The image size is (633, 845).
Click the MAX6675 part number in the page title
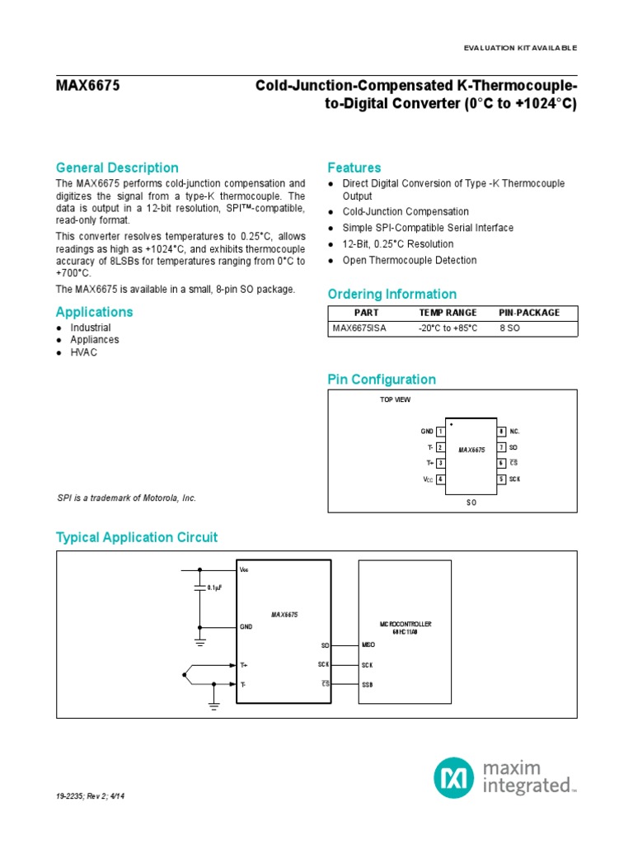(x=87, y=85)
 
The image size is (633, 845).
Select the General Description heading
(x=117, y=168)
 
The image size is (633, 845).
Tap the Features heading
(x=354, y=168)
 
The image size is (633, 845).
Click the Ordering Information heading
(x=392, y=295)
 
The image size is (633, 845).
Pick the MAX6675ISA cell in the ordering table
(x=359, y=328)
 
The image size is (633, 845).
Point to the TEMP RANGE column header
(x=448, y=313)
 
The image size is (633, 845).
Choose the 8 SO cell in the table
(x=509, y=328)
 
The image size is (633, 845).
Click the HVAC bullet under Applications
(x=83, y=352)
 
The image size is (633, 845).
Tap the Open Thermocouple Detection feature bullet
(x=410, y=260)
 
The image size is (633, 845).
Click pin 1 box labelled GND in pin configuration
(x=442, y=432)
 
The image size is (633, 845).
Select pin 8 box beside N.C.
(x=500, y=432)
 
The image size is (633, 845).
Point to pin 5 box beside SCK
(x=500, y=479)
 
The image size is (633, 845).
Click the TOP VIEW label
(x=395, y=399)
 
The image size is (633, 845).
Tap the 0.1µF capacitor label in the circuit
(x=216, y=588)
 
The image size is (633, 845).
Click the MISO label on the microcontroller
(x=368, y=644)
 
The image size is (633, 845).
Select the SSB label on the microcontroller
(x=368, y=684)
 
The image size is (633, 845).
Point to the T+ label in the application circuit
(x=244, y=664)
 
